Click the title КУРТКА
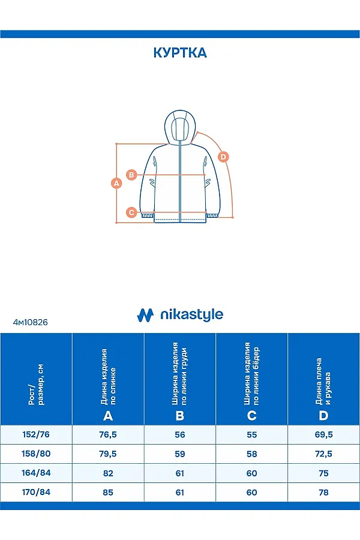coord(180,53)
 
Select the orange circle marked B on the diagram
coord(133,175)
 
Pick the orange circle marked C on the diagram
coord(131,212)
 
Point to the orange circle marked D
coord(223,157)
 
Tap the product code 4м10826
coord(30,322)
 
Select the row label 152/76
coord(36,434)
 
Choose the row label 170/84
coord(36,492)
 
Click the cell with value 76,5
coord(108,434)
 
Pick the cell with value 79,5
coord(108,454)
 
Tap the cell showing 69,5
coord(324,434)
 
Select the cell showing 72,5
coord(324,454)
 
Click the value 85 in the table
coord(108,492)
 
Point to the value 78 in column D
coord(324,492)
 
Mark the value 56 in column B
coord(180,434)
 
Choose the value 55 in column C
coord(252,434)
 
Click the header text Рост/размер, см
coord(36,384)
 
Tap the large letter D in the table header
coord(324,416)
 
